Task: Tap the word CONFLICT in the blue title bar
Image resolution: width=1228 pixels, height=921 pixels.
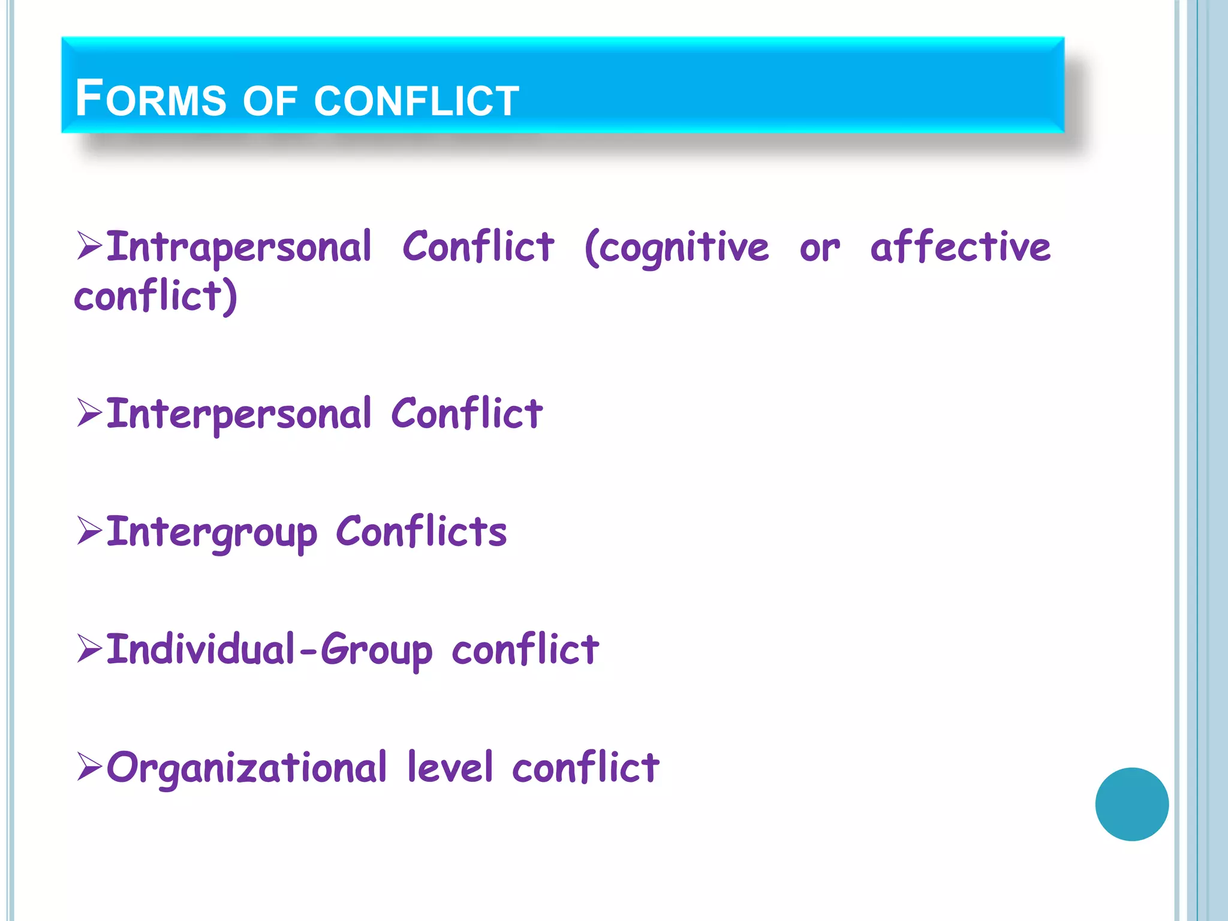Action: (416, 101)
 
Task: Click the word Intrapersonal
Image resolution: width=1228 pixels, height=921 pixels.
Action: (239, 247)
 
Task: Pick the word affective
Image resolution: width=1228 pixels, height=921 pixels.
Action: (960, 247)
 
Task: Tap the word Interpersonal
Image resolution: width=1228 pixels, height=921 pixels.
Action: (239, 414)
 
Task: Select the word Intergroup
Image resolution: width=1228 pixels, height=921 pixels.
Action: (211, 532)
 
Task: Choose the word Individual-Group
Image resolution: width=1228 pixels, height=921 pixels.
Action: (269, 650)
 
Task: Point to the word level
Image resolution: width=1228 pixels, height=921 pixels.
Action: (450, 767)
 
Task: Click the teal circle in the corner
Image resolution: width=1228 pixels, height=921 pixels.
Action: (1131, 804)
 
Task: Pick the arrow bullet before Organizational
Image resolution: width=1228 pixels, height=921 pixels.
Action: (89, 767)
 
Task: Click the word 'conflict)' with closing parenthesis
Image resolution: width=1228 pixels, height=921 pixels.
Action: (156, 296)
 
